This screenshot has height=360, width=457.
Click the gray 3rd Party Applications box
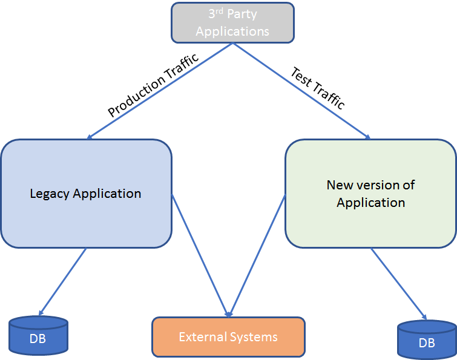232,22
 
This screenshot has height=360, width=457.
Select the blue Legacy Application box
85,194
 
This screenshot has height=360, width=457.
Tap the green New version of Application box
370,194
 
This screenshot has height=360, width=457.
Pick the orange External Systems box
228,337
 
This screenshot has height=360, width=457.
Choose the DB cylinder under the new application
426,341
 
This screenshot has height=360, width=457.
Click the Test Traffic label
318,88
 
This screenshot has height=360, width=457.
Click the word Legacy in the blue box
50,194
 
